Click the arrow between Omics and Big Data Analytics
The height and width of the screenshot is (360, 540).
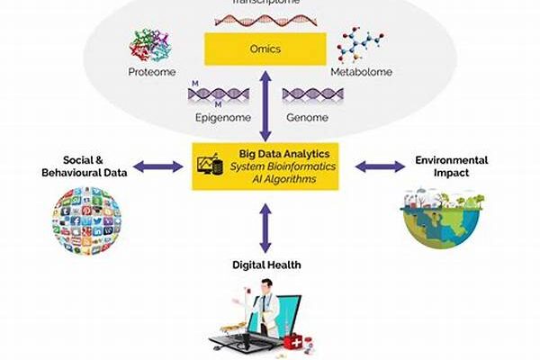(x=264, y=104)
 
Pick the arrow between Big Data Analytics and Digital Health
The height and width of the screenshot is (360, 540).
(x=264, y=227)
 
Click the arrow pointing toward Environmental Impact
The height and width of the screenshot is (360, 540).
(x=380, y=166)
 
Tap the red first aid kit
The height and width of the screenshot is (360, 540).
(x=298, y=343)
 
